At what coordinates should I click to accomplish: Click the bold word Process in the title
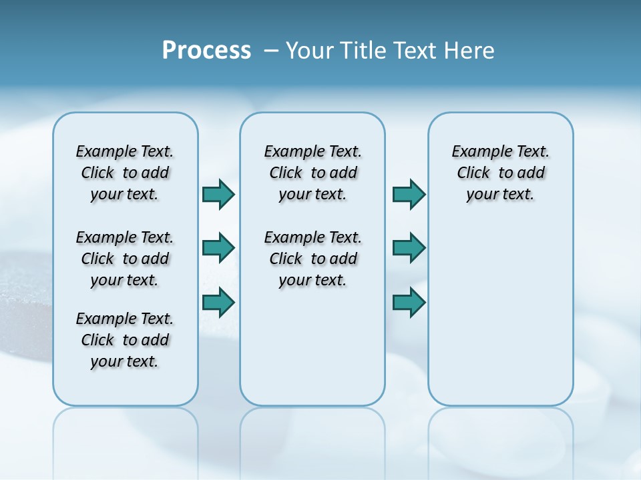[206, 51]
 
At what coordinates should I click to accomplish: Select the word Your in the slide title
[308, 51]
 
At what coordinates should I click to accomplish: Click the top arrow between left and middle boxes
[218, 194]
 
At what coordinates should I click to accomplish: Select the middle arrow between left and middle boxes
[218, 248]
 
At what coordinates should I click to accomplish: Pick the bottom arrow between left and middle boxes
[218, 302]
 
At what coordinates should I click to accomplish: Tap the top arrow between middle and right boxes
[409, 194]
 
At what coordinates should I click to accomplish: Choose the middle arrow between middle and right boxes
[409, 248]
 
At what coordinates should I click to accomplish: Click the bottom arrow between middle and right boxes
[409, 302]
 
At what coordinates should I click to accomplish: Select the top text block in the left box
[125, 173]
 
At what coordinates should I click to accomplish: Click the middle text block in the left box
[125, 259]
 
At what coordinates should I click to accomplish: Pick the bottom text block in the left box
[125, 340]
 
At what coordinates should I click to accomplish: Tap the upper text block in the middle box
[312, 173]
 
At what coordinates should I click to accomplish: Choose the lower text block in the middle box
[312, 259]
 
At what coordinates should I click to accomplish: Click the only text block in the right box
[500, 173]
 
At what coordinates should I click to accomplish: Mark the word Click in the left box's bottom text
[97, 340]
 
